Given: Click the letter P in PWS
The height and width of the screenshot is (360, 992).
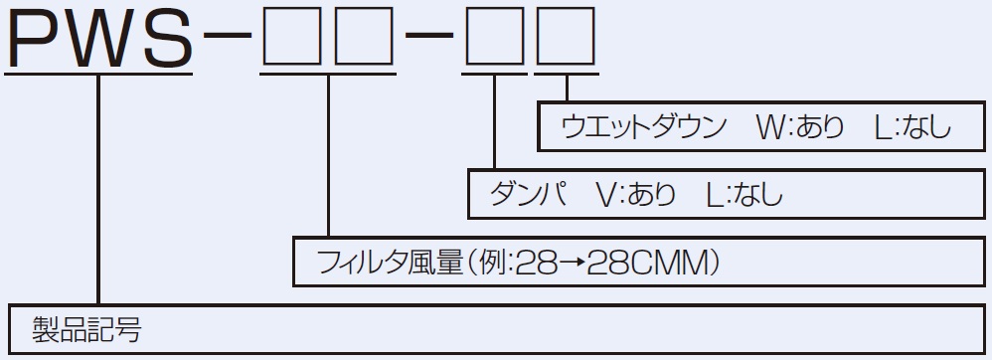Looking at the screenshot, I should [x=37, y=39].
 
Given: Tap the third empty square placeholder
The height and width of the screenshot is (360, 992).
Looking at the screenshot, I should [x=494, y=41].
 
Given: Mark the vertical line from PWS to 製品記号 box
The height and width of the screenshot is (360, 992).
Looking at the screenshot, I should [x=98, y=189].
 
